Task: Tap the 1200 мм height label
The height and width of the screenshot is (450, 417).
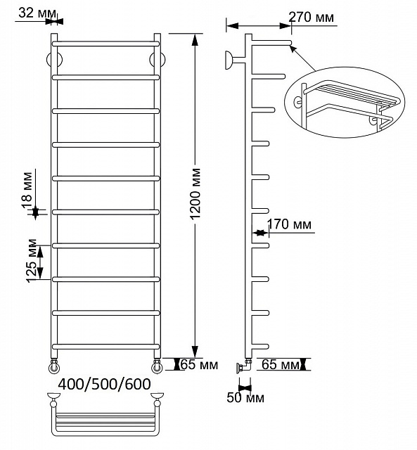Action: pos(195,194)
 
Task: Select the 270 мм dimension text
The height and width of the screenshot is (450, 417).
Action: pos(311,17)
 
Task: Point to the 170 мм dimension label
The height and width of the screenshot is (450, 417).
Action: pos(289,224)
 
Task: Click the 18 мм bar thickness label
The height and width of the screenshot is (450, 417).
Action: pos(27,190)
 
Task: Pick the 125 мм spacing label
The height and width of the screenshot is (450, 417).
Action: pos(32,261)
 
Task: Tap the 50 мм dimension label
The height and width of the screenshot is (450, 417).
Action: pos(245,398)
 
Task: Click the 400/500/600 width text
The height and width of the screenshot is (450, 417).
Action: pos(105,384)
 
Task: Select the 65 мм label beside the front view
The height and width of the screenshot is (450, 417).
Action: pos(199,365)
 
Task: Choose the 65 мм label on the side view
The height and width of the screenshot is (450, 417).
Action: pos(281,364)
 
